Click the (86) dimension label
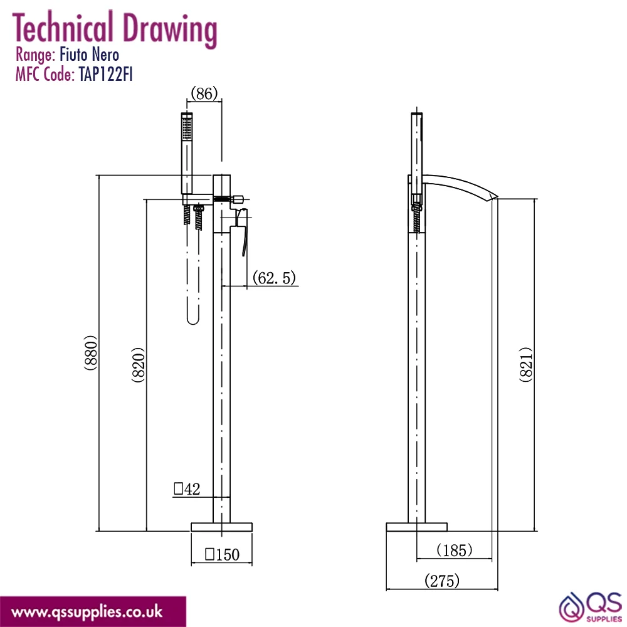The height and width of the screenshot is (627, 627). [204, 93]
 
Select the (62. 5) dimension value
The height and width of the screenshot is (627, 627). [274, 278]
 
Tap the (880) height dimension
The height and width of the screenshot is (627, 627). [91, 352]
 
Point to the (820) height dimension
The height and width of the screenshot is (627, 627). [138, 365]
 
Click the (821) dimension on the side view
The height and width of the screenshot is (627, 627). [526, 364]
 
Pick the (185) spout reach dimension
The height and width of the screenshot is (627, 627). [454, 551]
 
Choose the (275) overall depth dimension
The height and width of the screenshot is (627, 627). [442, 581]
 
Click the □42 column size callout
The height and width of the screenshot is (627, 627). [187, 488]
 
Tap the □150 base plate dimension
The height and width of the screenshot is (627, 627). [222, 554]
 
